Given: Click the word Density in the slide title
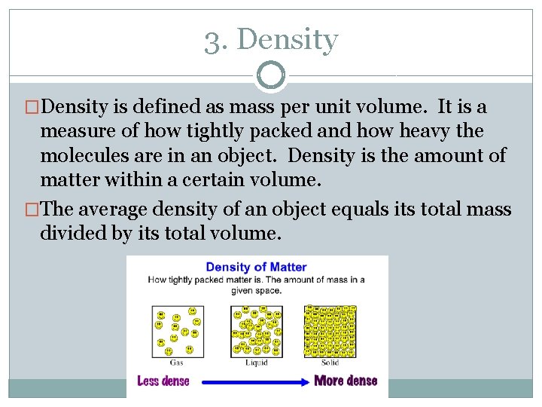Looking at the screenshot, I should click(287, 41).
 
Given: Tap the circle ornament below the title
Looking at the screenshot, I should click(271, 75).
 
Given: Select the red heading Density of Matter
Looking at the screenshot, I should click(256, 268).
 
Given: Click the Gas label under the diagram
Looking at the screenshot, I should click(176, 363).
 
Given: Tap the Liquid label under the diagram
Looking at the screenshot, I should click(256, 363).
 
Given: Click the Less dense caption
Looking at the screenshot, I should click(163, 381).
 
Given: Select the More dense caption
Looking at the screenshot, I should click(346, 381).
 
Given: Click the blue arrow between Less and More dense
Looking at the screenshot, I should click(251, 381).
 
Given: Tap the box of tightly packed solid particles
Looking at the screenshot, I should click(329, 330).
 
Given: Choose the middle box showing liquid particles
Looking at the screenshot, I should click(256, 330).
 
